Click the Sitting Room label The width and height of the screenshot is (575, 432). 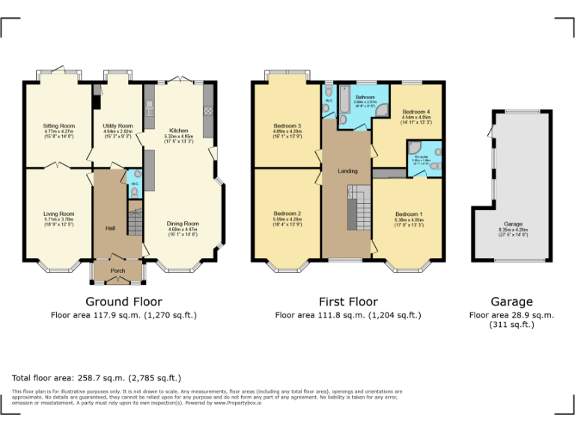[58, 125]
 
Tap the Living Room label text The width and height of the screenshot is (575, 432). [58, 214]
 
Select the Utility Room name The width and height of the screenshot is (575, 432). [118, 125]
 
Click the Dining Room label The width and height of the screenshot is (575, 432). [182, 223]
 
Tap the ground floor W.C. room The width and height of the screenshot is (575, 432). [133, 187]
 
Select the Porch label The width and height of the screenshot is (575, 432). [117, 271]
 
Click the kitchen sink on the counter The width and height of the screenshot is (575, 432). [148, 112]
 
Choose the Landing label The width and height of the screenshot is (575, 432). [347, 172]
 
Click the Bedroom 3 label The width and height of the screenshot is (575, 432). [287, 125]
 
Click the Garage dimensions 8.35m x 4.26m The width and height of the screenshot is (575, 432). [513, 235]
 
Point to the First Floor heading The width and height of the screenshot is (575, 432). [348, 302]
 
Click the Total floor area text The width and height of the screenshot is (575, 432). [97, 378]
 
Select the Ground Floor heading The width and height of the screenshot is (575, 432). [124, 302]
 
